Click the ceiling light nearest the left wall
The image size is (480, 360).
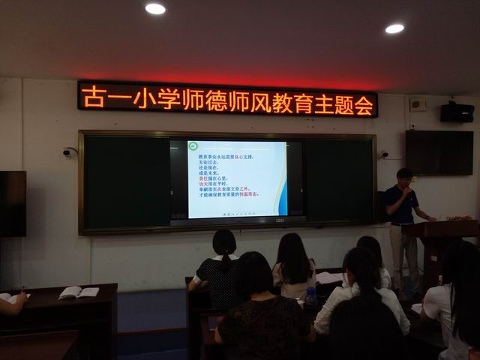tap(155, 9)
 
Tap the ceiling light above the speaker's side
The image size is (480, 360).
tap(394, 28)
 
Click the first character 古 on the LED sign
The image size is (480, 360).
tap(93, 98)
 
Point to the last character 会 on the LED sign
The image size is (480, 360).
tap(364, 106)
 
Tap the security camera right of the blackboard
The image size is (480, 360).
tap(384, 154)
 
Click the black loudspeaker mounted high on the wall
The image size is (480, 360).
tap(457, 112)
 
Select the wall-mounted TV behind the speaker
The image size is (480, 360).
tap(439, 152)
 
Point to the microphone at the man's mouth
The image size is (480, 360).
tap(409, 191)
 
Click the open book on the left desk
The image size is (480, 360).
tap(78, 292)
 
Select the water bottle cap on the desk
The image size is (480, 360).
tap(310, 289)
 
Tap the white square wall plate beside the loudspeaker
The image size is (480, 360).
tap(417, 105)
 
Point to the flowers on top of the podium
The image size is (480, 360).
tap(460, 217)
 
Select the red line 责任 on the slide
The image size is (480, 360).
tap(207, 177)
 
